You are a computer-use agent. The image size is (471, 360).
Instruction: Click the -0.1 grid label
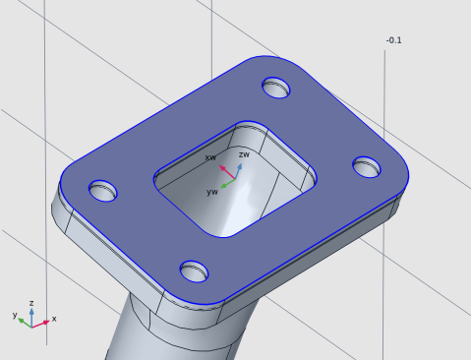[393, 40]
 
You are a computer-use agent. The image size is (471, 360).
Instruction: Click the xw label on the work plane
[210, 157]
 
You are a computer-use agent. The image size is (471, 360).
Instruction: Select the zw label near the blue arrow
[244, 154]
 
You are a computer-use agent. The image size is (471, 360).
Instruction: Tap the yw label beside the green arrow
[212, 192]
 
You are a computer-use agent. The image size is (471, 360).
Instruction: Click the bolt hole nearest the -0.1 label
[276, 88]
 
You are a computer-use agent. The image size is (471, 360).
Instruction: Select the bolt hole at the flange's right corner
[367, 167]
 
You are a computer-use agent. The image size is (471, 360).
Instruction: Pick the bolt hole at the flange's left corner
[103, 191]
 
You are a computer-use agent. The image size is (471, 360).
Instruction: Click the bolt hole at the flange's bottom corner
[194, 271]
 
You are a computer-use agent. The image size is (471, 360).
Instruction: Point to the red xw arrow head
[222, 168]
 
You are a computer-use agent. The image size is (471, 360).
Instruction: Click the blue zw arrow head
[240, 167]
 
